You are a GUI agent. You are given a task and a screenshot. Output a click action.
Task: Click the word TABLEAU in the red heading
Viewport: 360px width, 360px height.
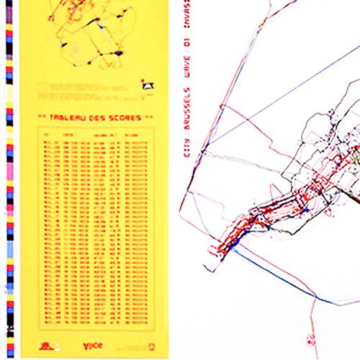coord(68,115)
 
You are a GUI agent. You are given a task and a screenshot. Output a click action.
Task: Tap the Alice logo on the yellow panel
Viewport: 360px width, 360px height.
coord(93,344)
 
